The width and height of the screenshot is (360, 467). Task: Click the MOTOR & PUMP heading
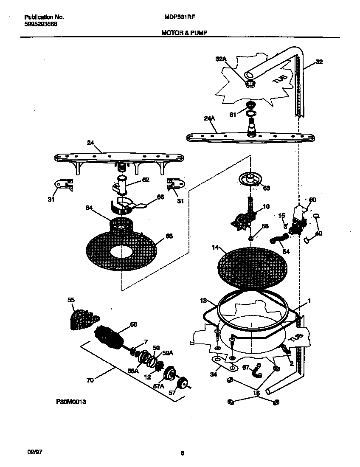pyautogui.click(x=184, y=32)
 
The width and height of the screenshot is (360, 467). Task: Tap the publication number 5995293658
pyautogui.click(x=41, y=24)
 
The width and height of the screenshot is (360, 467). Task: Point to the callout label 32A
pyautogui.click(x=220, y=60)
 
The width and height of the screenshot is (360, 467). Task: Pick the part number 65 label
pyautogui.click(x=169, y=236)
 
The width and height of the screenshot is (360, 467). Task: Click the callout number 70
pyautogui.click(x=90, y=381)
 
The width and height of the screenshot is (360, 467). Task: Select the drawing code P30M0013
pyautogui.click(x=71, y=402)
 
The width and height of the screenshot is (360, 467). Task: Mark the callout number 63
pyautogui.click(x=267, y=188)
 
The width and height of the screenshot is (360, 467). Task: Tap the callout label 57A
pyautogui.click(x=159, y=386)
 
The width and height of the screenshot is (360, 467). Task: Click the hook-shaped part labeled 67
pyautogui.click(x=256, y=371)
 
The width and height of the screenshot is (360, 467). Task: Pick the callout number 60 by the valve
pyautogui.click(x=312, y=200)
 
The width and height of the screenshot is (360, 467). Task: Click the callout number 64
pyautogui.click(x=89, y=208)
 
